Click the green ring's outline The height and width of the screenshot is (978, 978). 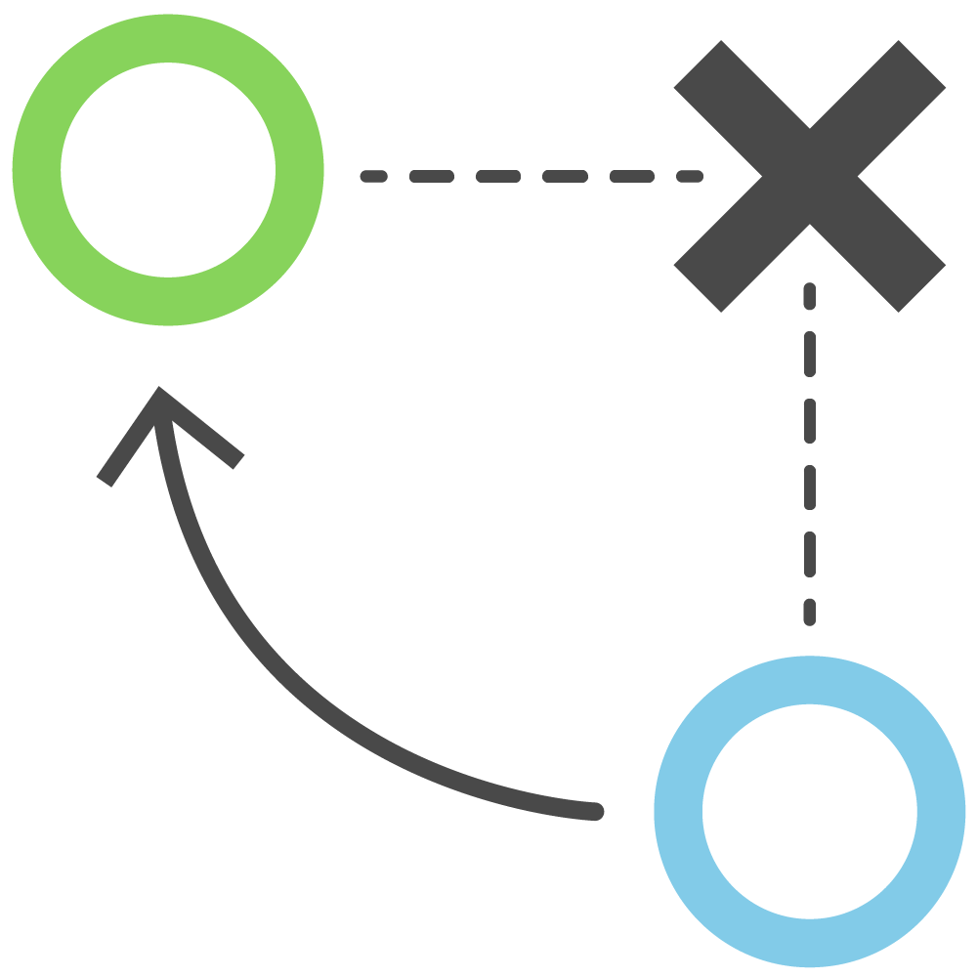pos(168,39)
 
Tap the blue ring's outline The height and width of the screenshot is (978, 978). pos(810,680)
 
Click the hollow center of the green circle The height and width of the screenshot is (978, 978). pos(168,169)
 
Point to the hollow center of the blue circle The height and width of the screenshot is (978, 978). pos(810,811)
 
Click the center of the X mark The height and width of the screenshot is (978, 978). pos(810,176)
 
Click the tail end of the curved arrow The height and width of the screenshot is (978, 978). pos(594,811)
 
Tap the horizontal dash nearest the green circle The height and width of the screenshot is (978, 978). pos(373,177)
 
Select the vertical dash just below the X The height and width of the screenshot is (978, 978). pos(809,296)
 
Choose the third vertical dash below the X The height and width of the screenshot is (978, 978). pos(809,419)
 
